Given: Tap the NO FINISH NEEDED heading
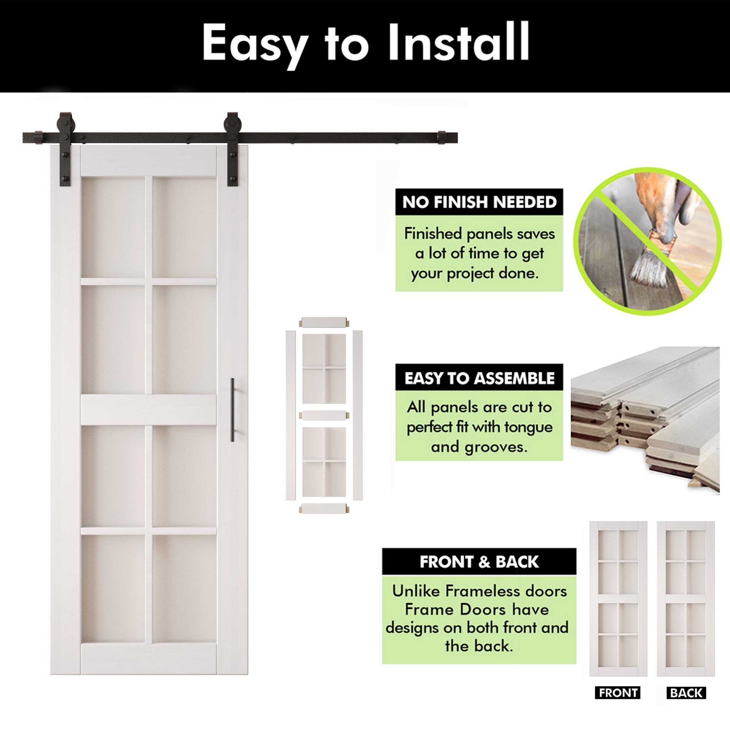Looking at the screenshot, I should coord(479,202).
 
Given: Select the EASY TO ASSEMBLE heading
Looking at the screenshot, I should coord(479,378).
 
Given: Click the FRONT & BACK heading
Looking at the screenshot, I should coord(479,562).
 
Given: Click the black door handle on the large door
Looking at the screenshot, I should coord(233,410).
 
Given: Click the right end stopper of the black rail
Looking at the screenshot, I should coord(442,138).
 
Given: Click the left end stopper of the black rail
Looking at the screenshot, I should coord(38,137).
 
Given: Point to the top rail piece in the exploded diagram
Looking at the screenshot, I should coord(324,322).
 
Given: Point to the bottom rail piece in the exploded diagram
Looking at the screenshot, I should coord(324,508).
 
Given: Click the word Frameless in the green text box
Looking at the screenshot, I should coord(475,591).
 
